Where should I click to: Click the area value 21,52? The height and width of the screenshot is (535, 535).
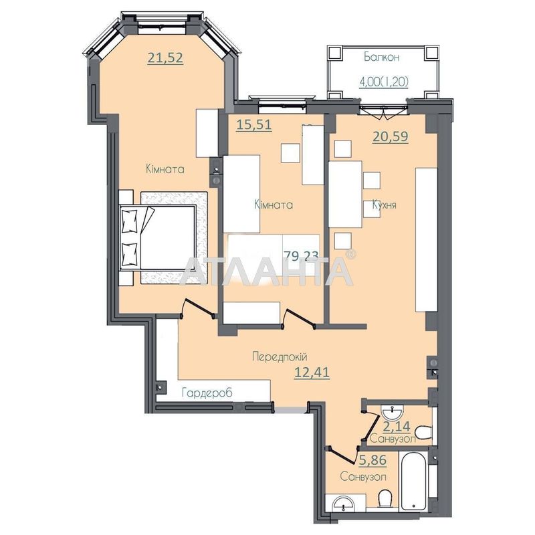[165, 58]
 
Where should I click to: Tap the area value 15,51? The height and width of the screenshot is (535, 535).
[255, 124]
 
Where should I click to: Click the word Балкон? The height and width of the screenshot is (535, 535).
[381, 58]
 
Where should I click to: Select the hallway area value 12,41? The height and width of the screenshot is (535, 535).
[312, 372]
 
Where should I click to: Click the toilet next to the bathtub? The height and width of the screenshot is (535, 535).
[384, 500]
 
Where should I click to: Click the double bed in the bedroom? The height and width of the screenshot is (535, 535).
[160, 237]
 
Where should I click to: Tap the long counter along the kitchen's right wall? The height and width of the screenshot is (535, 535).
[425, 239]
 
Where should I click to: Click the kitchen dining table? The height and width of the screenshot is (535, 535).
[345, 195]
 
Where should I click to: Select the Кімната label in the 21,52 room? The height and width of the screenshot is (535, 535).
[165, 170]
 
